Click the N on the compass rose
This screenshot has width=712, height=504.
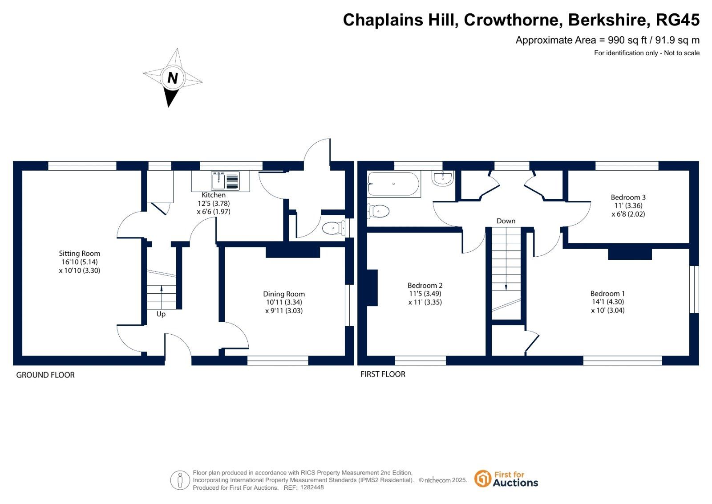pos(172,78)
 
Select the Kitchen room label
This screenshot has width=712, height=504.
pos(214,195)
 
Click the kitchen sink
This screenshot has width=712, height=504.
pos(225,181)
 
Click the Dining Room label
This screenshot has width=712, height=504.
pos(284,294)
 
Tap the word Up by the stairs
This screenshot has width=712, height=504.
pos(161,314)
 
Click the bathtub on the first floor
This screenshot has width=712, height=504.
pos(393,184)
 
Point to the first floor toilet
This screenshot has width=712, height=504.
pos(378,211)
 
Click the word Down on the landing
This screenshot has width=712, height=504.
pos(506,221)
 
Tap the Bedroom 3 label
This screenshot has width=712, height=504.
pos(628,197)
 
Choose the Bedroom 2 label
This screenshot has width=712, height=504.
pos(425,286)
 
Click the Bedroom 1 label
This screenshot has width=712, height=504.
pos(607,294)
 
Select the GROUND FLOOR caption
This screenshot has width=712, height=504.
pos(45,375)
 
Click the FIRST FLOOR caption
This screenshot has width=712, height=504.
pos(383,374)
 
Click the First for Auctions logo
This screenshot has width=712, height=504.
pos(506,479)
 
